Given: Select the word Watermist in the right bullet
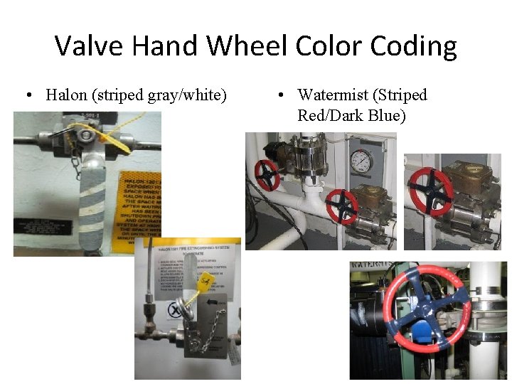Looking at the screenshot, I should [336, 95].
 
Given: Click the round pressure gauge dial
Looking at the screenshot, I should [361, 162].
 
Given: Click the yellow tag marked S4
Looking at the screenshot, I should [206, 282].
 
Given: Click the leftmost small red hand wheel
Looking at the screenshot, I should [267, 175].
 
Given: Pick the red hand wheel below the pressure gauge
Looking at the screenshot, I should [342, 206].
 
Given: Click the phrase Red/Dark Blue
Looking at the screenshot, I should [351, 115].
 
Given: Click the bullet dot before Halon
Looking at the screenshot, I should [29, 95].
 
